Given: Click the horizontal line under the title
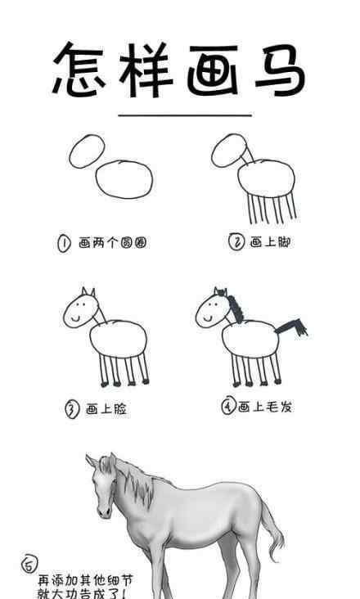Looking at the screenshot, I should pos(184,115).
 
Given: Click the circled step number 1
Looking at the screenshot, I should pos(63,243).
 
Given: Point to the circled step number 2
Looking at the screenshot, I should pos(236,241).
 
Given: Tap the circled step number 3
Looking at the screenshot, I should pos(71,409).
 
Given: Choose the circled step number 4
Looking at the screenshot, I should pos(228,407).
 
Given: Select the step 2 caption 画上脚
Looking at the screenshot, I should pos(270,241).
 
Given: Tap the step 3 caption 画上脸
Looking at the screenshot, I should pos(106,409).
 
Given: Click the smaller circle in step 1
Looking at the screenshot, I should pos(88,151).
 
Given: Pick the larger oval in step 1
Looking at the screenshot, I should pos(124,178).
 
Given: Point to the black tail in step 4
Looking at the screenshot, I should pos(293,327).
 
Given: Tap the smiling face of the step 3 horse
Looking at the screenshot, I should pos(79,309).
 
